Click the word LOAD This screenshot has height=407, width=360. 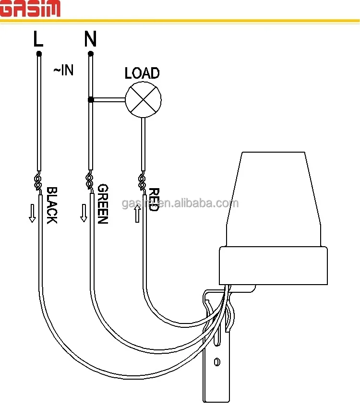point(142,73)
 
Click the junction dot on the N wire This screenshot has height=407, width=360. point(90,100)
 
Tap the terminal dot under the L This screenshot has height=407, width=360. point(39,53)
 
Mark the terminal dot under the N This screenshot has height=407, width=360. point(90,53)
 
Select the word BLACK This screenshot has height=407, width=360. point(51,205)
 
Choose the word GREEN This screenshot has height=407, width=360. point(102,204)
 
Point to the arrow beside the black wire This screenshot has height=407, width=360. point(32,213)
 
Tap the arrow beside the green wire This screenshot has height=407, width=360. point(84,213)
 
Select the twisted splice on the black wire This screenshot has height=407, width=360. point(38,182)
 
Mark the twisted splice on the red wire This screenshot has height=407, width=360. point(142,182)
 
